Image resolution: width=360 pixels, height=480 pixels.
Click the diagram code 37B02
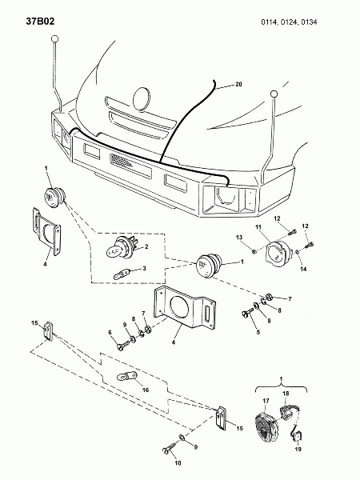[x=40, y=22]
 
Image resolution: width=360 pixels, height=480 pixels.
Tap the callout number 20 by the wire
[x=238, y=84]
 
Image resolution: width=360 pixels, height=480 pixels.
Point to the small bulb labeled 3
[x=122, y=273]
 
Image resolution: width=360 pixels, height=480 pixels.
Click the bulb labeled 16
[x=126, y=377]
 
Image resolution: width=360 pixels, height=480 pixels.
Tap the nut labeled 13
[x=254, y=252]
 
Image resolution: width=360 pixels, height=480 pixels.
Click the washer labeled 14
[x=297, y=252]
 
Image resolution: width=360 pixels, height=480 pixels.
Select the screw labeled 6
[x=123, y=345]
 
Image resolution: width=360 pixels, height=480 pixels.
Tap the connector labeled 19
[x=296, y=434]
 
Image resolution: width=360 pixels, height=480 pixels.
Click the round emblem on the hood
[x=142, y=99]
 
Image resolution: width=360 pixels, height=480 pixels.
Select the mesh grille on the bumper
[x=121, y=160]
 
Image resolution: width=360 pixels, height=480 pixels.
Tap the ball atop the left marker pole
[x=55, y=39]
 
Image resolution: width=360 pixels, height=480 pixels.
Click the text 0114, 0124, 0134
[x=289, y=22]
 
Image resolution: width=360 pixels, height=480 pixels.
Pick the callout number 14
[x=303, y=269]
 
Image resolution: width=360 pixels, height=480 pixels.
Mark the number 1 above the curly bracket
[x=281, y=379]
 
